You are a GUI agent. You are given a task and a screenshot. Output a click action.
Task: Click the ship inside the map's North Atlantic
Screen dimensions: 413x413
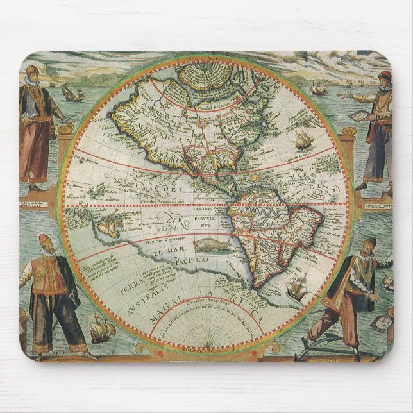click(x=302, y=140)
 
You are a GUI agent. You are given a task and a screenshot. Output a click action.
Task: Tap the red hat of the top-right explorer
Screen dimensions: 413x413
click(x=384, y=76)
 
